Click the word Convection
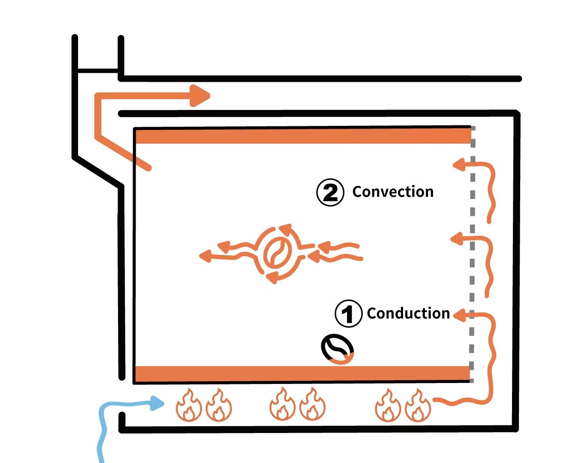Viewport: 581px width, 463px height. [x=393, y=192]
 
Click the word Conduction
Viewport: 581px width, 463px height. [x=408, y=313]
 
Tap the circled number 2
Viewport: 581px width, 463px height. [x=330, y=193]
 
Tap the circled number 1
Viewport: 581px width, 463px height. [x=348, y=314]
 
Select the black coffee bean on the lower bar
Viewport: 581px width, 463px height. [x=337, y=349]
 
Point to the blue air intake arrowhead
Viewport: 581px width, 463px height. [x=157, y=403]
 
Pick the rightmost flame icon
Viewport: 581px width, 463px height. [x=418, y=405]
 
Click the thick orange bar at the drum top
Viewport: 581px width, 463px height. [x=303, y=136]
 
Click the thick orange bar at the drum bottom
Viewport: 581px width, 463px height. [x=303, y=373]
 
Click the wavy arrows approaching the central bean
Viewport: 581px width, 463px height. [x=338, y=253]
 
